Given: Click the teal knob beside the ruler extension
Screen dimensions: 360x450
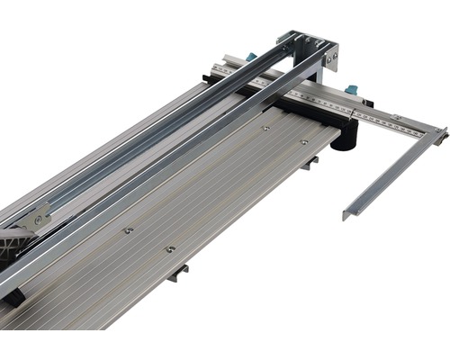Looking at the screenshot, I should (351, 89).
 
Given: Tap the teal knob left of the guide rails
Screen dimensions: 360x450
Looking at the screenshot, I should (251, 57).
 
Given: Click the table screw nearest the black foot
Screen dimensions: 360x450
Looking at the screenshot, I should (303, 141).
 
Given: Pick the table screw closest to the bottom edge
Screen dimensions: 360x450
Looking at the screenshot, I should (169, 248).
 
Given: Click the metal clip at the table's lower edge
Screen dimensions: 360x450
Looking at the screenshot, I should (177, 272).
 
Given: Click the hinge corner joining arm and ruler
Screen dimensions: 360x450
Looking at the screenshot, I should (438, 134).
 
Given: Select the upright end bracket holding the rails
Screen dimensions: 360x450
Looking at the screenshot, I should (310, 49).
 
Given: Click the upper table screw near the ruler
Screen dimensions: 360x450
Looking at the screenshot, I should (265, 128).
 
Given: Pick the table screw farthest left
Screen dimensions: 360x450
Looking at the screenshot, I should (129, 230).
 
